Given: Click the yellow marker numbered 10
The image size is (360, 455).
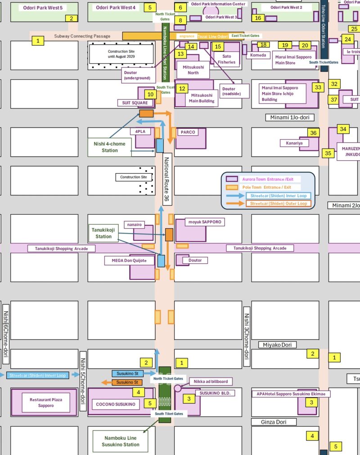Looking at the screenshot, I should point(150,95).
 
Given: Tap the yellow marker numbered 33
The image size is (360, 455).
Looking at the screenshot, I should point(319,87).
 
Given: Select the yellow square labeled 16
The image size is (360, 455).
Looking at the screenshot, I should point(257,18).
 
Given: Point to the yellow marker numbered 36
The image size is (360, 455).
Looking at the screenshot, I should point(314,133).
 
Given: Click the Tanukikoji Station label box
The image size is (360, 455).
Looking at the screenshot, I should point(103,233).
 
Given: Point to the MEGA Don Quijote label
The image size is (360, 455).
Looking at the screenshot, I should point(126,260).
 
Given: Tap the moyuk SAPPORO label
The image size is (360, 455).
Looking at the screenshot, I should point(205,222).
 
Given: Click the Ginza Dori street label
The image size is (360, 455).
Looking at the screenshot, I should point(279,422).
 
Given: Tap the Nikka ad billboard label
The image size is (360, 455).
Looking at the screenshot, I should point(211,382).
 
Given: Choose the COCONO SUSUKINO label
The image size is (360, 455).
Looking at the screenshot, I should point(116,404).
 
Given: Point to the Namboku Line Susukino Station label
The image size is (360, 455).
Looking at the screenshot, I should point(122,441).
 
